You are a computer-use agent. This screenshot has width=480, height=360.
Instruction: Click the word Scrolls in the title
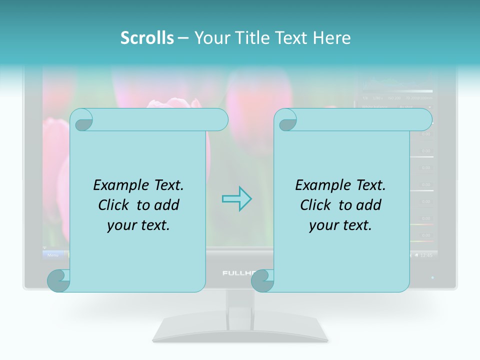147,38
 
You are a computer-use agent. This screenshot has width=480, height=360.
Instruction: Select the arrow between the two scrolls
236,198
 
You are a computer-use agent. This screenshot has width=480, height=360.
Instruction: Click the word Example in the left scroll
117,185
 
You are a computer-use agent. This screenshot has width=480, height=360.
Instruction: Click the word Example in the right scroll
319,185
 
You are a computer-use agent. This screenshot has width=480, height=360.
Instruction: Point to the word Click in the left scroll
115,205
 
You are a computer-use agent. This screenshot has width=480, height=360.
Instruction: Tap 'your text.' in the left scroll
138,225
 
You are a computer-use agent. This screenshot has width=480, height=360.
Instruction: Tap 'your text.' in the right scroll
340,225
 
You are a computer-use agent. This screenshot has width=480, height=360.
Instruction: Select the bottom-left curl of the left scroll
57,280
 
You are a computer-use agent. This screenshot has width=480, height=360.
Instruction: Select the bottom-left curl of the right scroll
261,280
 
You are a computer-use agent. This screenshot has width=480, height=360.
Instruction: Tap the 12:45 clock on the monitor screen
426,255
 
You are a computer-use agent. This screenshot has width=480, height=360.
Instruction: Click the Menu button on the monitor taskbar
52,255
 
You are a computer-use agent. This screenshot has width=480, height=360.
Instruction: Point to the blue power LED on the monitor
432,277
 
